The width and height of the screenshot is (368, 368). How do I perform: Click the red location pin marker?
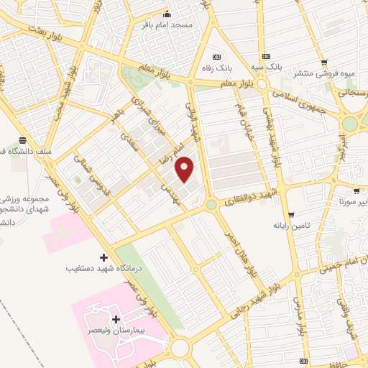click(185, 168)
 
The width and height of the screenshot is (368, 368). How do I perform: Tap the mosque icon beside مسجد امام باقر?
click(167, 13)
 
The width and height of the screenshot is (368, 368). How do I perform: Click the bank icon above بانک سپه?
click(267, 56)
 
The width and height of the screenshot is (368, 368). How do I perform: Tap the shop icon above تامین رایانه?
click(291, 215)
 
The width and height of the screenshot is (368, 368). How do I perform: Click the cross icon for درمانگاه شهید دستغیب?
click(103, 257)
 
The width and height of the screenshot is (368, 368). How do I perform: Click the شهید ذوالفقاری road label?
click(248, 193)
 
